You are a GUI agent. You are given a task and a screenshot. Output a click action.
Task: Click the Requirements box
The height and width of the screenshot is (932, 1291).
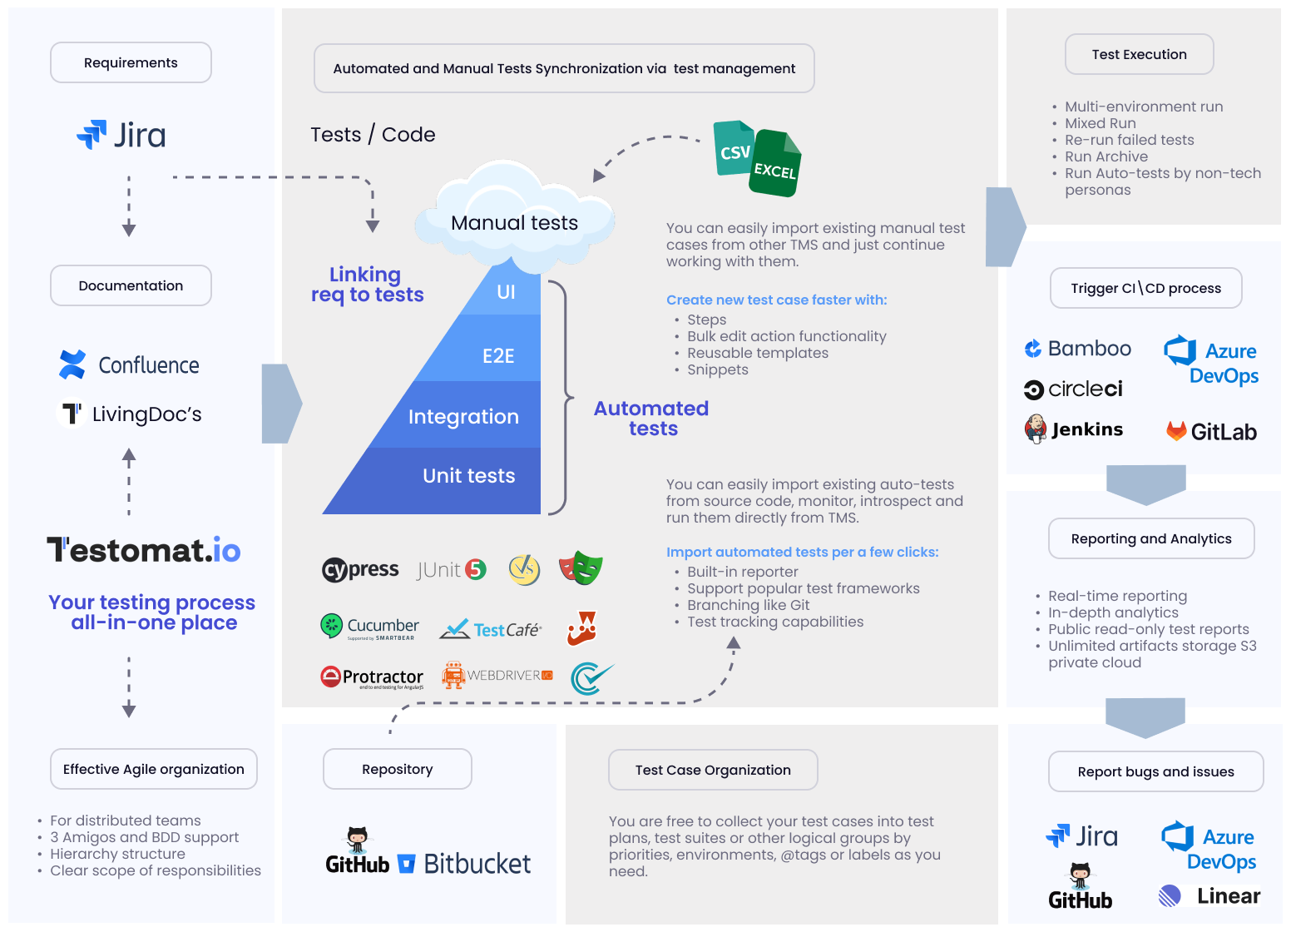coord(131,62)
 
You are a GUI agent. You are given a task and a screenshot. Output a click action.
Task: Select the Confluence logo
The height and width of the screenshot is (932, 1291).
coord(129,365)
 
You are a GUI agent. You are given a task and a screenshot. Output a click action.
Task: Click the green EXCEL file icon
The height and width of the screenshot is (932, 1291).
coord(775,165)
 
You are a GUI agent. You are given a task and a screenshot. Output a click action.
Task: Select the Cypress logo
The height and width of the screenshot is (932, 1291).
coord(360,569)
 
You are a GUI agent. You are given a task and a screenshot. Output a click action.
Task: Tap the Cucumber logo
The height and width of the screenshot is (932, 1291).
coord(369,627)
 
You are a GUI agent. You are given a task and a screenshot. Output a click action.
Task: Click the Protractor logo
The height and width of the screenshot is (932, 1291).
coord(372,677)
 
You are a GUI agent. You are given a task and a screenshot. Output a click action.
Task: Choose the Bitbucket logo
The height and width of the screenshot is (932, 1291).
coord(465,864)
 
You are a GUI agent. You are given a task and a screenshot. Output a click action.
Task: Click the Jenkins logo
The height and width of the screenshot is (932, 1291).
coord(1074,429)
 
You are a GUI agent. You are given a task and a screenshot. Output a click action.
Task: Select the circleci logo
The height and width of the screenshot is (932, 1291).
coord(1073,389)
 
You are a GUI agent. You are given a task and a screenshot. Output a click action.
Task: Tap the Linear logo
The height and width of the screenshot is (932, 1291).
coord(1209,896)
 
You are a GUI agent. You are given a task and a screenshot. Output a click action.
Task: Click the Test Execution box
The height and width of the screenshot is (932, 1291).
coord(1139,54)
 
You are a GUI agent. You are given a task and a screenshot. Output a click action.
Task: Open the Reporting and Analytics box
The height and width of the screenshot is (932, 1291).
coord(1150,538)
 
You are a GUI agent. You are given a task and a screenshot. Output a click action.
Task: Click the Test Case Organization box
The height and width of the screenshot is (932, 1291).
coord(713,770)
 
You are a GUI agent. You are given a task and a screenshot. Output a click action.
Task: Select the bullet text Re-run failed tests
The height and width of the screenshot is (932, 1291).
coord(1129,140)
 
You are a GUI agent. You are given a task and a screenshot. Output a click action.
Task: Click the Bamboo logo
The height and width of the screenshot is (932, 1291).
coord(1077,349)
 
